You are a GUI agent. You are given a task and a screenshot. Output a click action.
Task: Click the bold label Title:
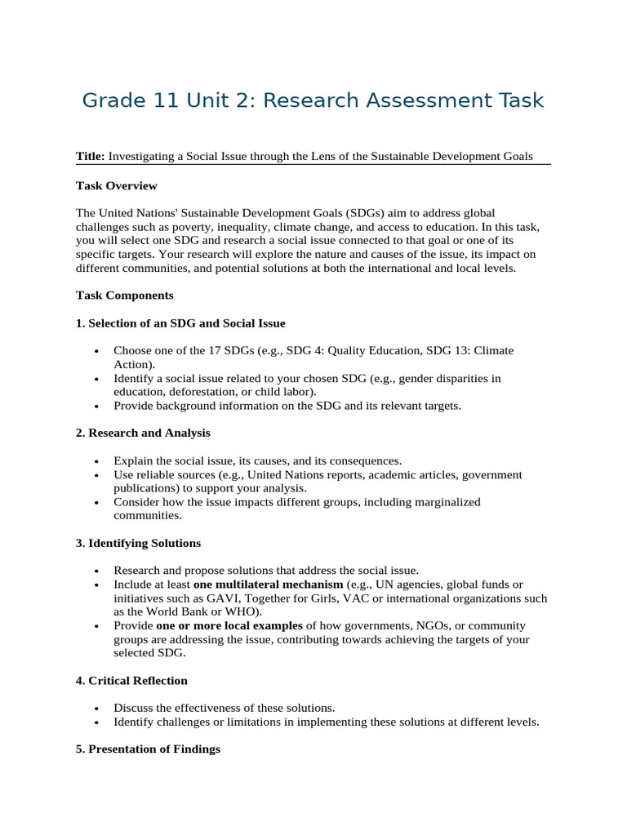[x=91, y=156]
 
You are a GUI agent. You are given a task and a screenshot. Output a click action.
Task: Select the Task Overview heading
[x=116, y=185]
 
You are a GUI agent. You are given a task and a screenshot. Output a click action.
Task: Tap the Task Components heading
[x=124, y=295]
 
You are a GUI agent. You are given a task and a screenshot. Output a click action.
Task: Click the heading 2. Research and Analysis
[x=143, y=433]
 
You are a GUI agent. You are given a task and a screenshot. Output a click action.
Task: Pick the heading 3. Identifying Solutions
[x=138, y=543]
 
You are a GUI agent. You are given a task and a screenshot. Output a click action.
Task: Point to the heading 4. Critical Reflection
[x=131, y=680]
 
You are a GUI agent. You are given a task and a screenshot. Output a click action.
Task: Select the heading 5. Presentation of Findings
[x=148, y=749]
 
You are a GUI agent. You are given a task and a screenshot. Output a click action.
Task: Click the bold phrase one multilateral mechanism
[x=268, y=585]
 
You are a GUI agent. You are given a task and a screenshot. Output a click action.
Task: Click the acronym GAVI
[x=207, y=598]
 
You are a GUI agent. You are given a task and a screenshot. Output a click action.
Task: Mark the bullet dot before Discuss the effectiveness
[x=97, y=709]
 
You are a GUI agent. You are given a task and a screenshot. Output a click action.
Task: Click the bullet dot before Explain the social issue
[x=97, y=461]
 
